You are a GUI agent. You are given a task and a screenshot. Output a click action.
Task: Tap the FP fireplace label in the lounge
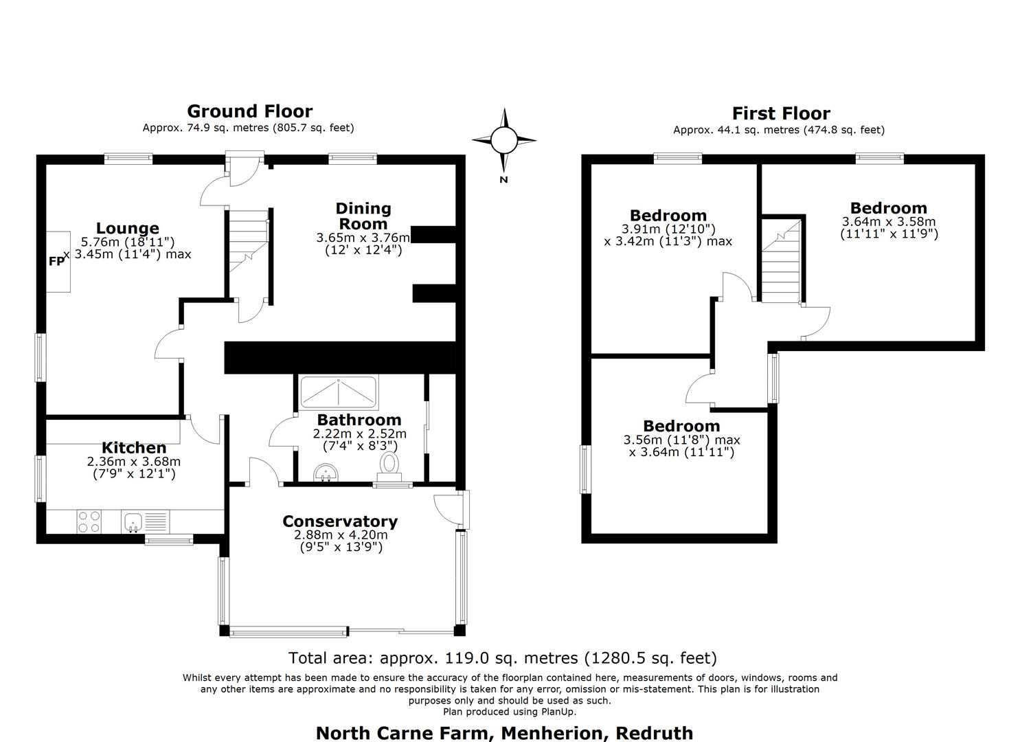[x=56, y=262]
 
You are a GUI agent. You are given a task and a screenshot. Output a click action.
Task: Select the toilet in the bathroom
[x=389, y=466]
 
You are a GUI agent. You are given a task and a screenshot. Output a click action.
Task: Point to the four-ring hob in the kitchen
[x=89, y=521]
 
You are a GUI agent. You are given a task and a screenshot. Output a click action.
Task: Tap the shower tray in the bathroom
[x=339, y=392]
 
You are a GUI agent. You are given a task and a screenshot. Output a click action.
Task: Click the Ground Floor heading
[x=249, y=111]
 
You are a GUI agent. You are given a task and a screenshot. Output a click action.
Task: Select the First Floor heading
[x=781, y=113]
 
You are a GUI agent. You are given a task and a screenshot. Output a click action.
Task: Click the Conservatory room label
[x=340, y=521]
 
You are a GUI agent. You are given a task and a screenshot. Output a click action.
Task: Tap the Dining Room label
[x=363, y=216]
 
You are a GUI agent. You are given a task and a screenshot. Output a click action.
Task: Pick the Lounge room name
[x=128, y=227]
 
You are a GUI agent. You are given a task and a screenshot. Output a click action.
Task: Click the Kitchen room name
[x=134, y=447]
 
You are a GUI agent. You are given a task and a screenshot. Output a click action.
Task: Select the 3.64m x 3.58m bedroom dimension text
[x=889, y=227]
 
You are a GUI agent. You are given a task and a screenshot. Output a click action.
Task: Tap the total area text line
[x=503, y=657]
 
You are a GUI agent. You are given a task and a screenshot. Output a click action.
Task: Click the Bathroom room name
[x=359, y=420]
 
